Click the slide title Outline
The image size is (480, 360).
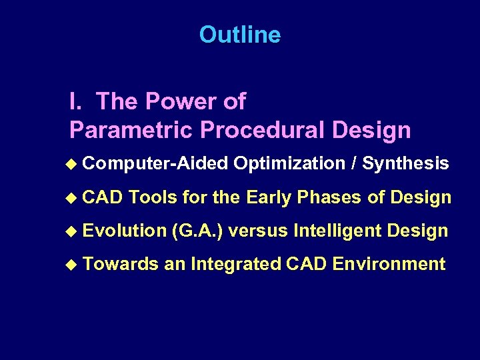coord(239,35)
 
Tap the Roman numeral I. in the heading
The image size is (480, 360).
coord(75,101)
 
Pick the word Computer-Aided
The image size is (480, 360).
coord(156,164)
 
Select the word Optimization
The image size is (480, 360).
coord(289,164)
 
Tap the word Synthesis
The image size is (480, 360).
coord(405,164)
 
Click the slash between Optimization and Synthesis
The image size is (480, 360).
coord(353,164)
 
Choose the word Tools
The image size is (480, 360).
coord(153,197)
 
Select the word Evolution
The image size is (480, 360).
coord(125,231)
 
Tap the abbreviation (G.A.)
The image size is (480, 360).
coord(199,231)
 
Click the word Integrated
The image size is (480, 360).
coord(236,264)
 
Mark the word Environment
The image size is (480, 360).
coord(389,264)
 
